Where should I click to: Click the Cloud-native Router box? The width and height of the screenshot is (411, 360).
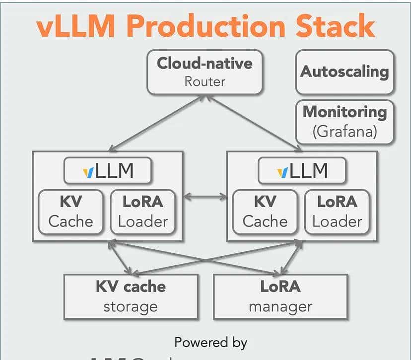[x=205, y=72]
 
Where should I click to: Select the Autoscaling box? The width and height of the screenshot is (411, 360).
[x=344, y=72]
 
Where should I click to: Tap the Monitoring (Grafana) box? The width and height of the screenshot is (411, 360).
[x=344, y=122]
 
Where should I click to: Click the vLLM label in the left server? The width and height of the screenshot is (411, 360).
[x=108, y=171]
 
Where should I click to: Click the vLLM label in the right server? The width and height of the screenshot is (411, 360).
[x=302, y=171]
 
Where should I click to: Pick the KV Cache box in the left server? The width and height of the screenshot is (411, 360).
[x=70, y=211]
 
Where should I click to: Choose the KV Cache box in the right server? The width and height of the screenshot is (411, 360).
[x=265, y=211]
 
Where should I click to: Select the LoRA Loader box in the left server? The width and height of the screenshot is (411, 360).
[x=142, y=211]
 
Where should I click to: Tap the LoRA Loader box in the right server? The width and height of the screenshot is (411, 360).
[x=337, y=211]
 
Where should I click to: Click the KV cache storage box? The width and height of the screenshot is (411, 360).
[x=131, y=296]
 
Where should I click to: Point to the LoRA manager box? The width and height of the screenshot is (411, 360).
[x=280, y=296]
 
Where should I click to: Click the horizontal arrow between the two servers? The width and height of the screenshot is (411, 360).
[x=205, y=197]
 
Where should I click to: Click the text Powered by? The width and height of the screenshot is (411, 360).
[x=210, y=342]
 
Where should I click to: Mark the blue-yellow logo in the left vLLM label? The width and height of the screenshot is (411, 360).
[x=88, y=172]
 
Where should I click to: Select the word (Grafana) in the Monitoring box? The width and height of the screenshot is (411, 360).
[x=344, y=132]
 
